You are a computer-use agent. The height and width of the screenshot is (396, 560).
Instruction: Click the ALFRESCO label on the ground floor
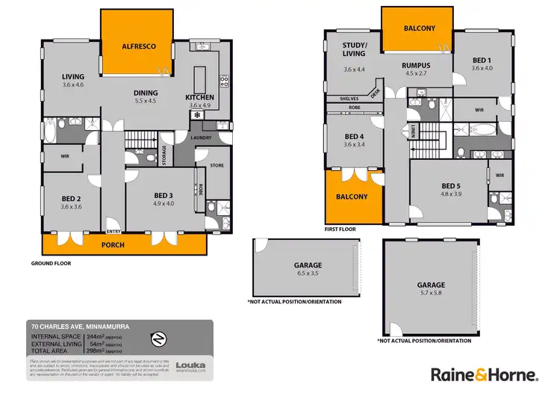coord(139,46)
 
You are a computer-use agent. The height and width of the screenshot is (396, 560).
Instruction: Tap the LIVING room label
coord(73,76)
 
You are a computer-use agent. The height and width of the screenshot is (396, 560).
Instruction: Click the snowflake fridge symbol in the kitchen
coord(196,116)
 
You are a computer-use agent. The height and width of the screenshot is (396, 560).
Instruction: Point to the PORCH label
coord(113,245)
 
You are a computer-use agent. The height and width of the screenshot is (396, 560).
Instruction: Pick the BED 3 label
coord(164,194)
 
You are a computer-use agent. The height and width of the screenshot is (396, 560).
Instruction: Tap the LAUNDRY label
coord(202,137)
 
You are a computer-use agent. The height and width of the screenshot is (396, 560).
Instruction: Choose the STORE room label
coord(217,166)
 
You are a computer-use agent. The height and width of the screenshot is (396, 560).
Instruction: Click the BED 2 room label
coord(71,199)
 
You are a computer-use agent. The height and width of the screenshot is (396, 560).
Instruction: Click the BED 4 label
coord(354,136)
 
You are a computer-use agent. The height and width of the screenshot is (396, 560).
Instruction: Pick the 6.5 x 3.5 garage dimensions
coord(308,274)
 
